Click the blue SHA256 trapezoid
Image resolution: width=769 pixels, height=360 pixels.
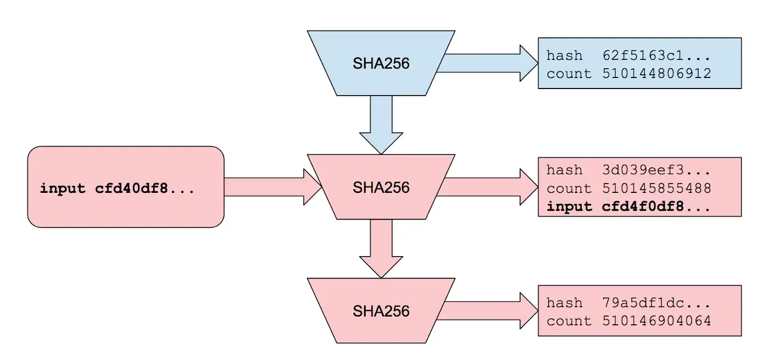click(x=381, y=63)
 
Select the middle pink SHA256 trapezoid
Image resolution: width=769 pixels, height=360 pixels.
click(x=381, y=187)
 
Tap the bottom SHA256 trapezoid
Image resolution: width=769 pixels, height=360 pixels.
click(x=381, y=311)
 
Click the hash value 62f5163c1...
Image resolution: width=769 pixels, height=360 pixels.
click(x=649, y=56)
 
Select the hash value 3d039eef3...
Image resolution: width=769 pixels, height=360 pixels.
click(x=649, y=170)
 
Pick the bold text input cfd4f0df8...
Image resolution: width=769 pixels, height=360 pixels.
click(x=628, y=207)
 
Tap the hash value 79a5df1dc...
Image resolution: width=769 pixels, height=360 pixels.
click(x=649, y=303)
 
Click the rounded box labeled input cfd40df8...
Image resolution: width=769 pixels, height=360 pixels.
click(x=126, y=187)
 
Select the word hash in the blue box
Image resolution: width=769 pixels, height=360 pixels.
click(x=564, y=56)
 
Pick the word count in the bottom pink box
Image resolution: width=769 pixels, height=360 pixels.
click(x=569, y=320)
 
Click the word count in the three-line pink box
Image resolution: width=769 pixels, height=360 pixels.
click(x=569, y=189)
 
